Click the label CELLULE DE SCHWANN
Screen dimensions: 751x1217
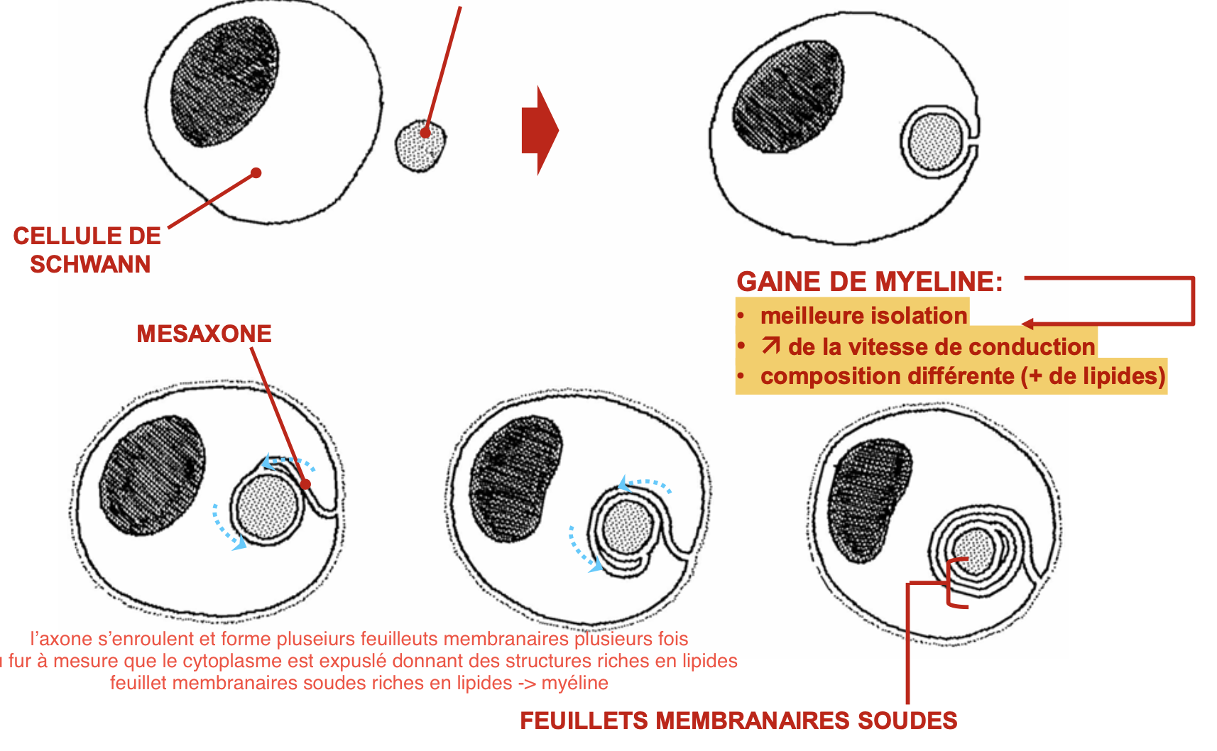pyautogui.click(x=87, y=250)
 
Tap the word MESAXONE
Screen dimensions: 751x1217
pyautogui.click(x=204, y=334)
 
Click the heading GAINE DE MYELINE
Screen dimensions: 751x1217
pyautogui.click(x=869, y=282)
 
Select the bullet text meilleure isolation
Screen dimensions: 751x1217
pyautogui.click(x=863, y=315)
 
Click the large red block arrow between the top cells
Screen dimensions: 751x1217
pyautogui.click(x=540, y=130)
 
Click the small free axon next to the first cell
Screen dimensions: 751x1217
pyautogui.click(x=421, y=146)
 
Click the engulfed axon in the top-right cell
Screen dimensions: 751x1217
pyautogui.click(x=935, y=142)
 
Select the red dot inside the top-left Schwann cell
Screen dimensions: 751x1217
pyautogui.click(x=256, y=172)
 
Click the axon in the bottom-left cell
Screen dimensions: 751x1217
pyautogui.click(x=267, y=507)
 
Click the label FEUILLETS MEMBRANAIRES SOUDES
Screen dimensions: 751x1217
pyautogui.click(x=738, y=720)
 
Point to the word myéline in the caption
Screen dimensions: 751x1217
pyautogui.click(x=574, y=683)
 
